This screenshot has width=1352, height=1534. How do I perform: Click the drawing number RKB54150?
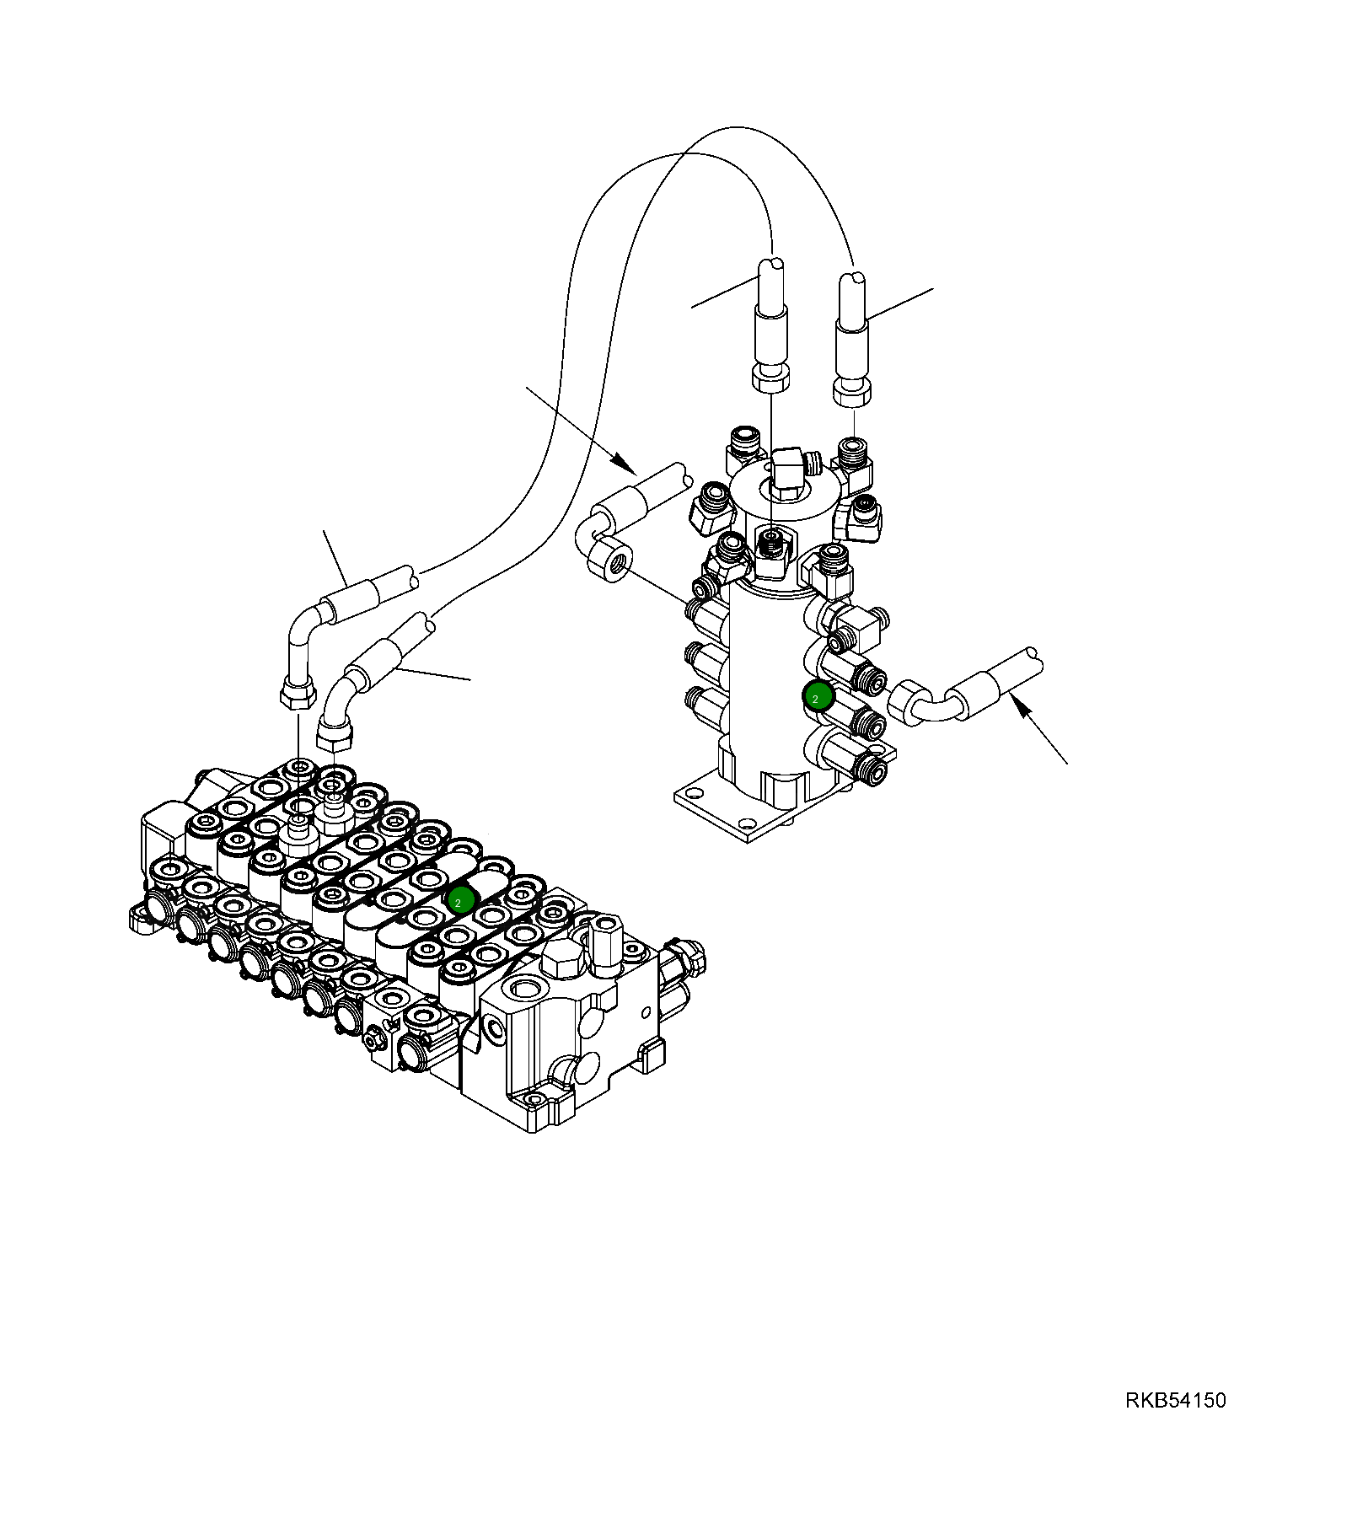(x=1175, y=1400)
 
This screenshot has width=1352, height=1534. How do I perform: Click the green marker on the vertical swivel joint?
(x=818, y=696)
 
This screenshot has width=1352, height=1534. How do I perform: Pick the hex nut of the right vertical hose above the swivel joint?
(x=851, y=389)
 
